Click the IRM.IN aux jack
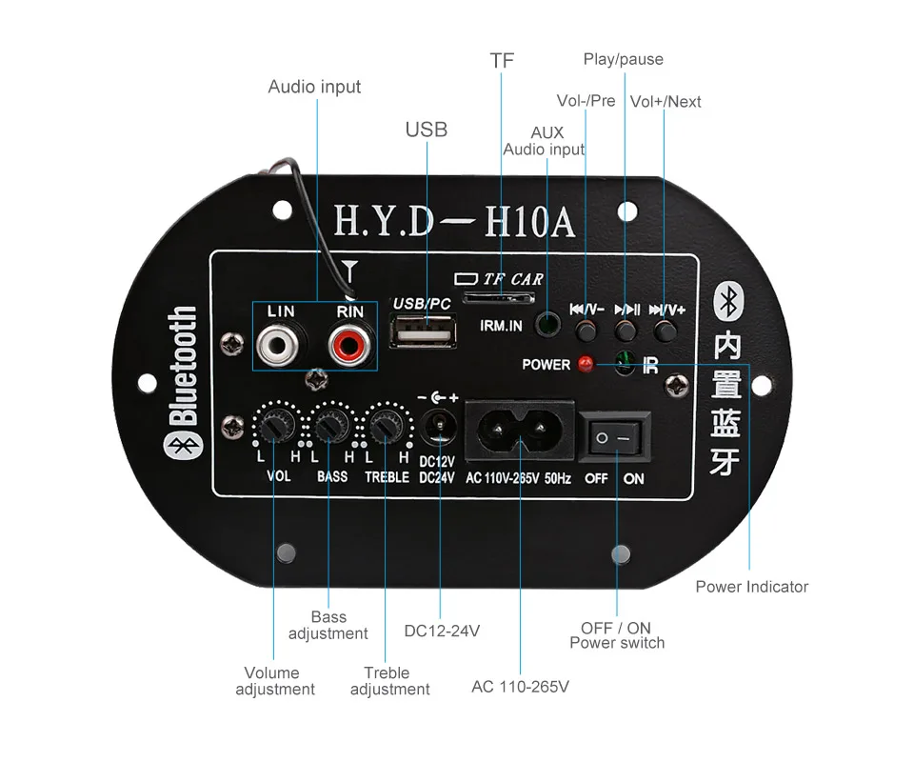point(546,326)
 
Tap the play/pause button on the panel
point(625,330)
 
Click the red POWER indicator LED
point(586,364)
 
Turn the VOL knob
point(273,426)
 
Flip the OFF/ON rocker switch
point(614,437)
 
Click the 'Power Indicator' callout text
point(751,587)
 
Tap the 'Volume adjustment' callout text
point(274,680)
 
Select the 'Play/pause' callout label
point(623,59)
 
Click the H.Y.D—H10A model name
point(455,221)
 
